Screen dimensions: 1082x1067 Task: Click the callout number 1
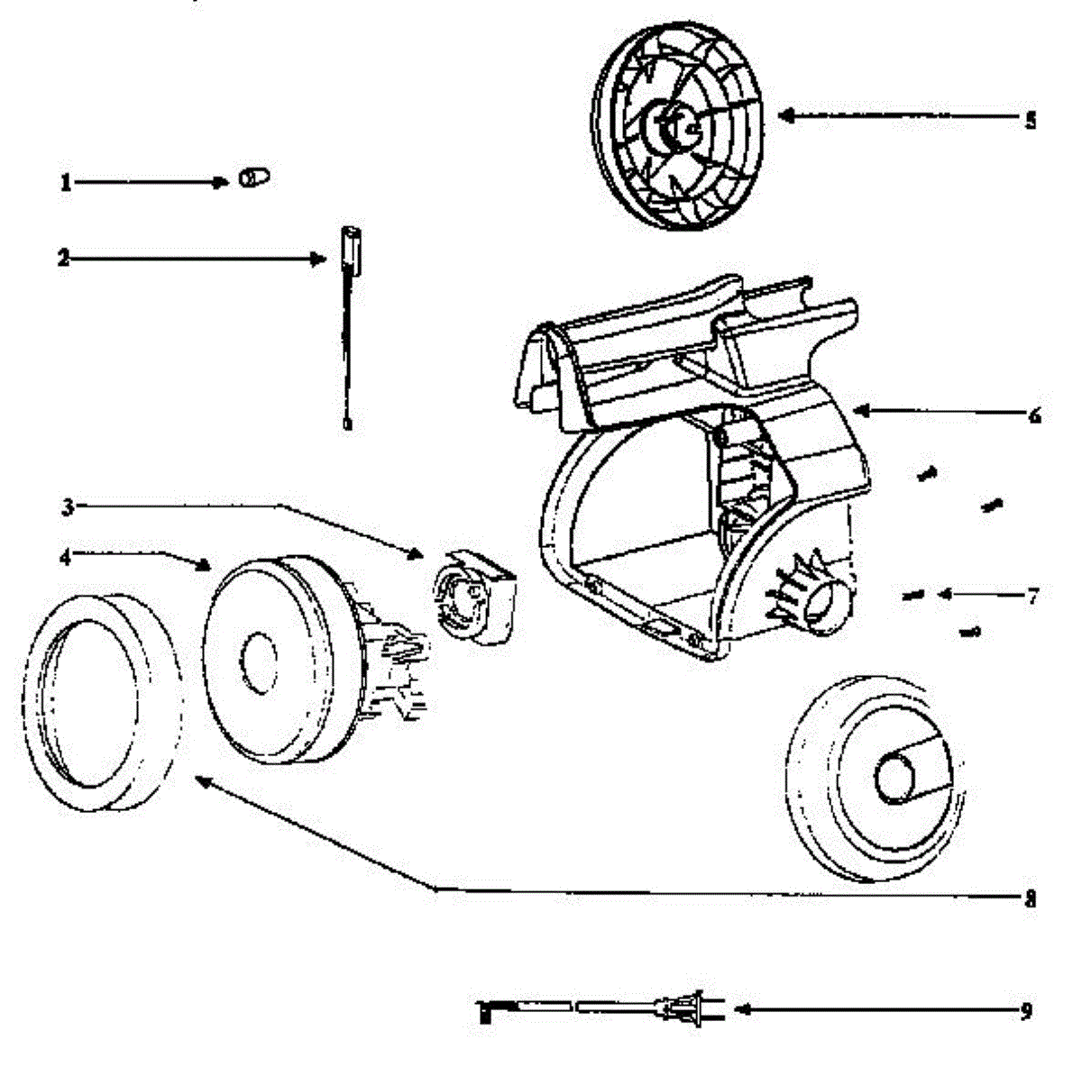65,183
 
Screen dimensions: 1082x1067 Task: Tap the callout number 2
63,259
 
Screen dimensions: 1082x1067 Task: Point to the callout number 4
65,557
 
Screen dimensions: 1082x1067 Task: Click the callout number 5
1031,120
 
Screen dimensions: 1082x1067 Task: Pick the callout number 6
1033,415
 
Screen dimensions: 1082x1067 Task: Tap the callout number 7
1033,596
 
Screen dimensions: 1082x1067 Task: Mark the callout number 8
1031,898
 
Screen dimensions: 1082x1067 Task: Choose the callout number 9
1026,1011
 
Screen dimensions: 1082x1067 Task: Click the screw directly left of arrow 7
912,594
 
